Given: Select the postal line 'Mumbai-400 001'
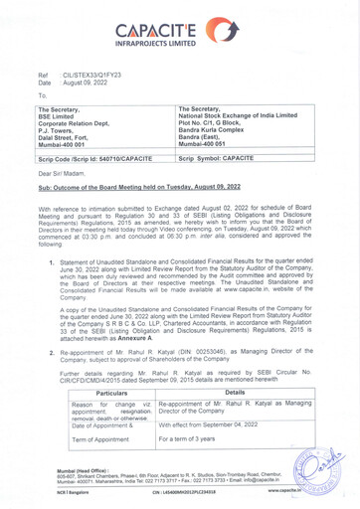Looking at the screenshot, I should click(67, 143).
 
